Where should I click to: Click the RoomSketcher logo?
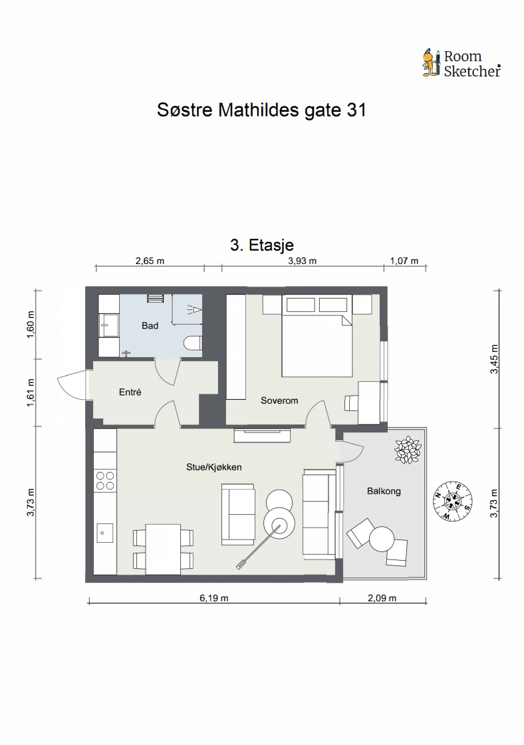tap(461, 63)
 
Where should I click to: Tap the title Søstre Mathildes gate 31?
tap(262, 110)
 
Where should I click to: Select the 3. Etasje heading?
tap(262, 245)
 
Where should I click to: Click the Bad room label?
tap(150, 325)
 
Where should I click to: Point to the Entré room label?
tap(130, 392)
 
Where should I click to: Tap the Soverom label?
tap(279, 400)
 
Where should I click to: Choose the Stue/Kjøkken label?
tap(213, 467)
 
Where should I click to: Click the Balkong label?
tap(384, 491)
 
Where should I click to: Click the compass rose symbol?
tap(453, 500)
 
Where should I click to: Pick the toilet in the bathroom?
tap(193, 343)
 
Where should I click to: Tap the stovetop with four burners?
tap(105, 480)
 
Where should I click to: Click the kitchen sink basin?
tap(105, 533)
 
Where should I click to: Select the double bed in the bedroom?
tap(317, 336)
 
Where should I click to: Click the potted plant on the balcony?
tap(408, 450)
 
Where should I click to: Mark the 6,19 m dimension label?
tap(213, 598)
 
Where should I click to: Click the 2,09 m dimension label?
tap(382, 598)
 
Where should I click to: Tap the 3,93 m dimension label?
tap(302, 261)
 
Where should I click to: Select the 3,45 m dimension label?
tap(495, 359)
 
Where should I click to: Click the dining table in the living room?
tap(163, 549)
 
